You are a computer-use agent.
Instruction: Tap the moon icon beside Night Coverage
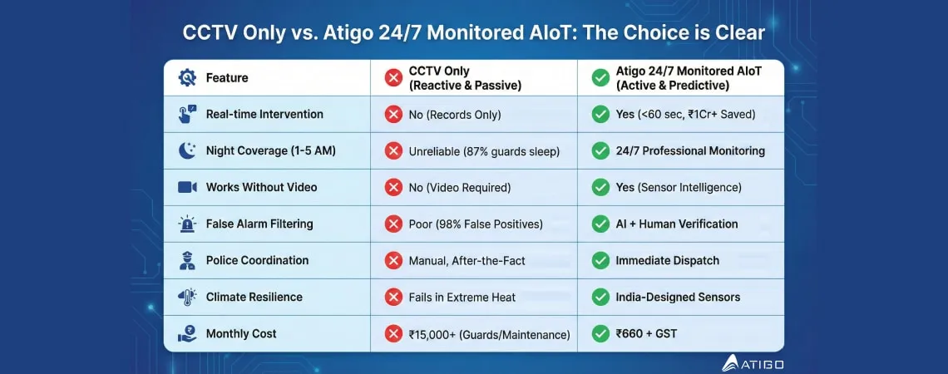click(187, 150)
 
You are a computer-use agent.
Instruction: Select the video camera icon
click(187, 187)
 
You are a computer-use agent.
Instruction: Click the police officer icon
click(187, 260)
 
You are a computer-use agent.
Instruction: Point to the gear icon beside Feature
click(187, 78)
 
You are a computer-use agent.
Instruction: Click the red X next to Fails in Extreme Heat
click(393, 297)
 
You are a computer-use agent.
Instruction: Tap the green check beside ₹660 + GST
click(600, 333)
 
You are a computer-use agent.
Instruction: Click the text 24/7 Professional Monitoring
click(689, 150)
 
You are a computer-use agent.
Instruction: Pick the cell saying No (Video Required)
click(460, 187)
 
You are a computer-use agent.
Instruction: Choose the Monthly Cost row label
click(241, 333)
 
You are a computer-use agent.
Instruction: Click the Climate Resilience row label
click(254, 297)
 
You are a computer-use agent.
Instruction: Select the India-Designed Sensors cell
click(678, 297)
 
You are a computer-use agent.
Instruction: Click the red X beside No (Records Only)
click(393, 114)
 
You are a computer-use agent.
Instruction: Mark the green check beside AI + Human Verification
click(600, 224)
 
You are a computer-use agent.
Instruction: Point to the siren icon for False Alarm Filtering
click(187, 224)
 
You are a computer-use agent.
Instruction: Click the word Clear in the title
click(737, 34)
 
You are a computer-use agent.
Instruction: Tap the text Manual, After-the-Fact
click(467, 260)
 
